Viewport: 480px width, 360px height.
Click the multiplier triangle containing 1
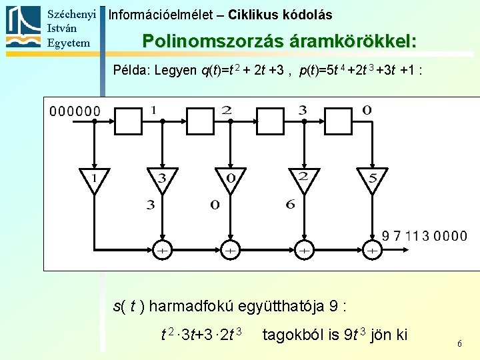pos(94,178)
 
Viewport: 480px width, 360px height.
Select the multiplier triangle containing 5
pos(372,178)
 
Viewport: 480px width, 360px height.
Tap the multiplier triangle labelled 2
pos(301,178)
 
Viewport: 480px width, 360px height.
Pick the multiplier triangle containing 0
pos(231,178)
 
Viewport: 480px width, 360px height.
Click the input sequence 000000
pos(75,111)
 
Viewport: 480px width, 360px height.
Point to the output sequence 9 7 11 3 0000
pos(425,236)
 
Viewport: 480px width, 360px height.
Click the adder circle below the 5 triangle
pos(372,250)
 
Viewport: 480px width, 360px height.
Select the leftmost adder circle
pos(162,250)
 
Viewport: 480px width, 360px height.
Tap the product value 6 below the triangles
pos(290,205)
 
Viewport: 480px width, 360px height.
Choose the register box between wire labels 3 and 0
pos(338,120)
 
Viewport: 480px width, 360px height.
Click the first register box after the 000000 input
pos(127,120)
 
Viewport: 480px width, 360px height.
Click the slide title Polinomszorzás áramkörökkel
pos(279,41)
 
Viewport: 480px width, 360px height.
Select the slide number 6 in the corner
pos(459,343)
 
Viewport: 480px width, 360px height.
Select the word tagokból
pos(293,334)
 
